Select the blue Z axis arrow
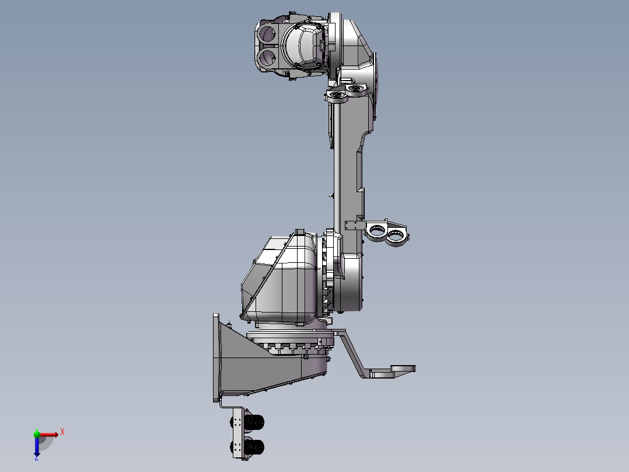37,447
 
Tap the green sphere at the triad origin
37,433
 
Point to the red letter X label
62,432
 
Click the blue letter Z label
36,459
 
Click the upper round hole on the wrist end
267,33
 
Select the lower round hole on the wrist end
267,57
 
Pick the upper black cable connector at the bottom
254,422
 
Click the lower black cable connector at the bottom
254,447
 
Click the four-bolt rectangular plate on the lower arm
354,225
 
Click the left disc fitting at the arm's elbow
337,95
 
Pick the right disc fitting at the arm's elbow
355,88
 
